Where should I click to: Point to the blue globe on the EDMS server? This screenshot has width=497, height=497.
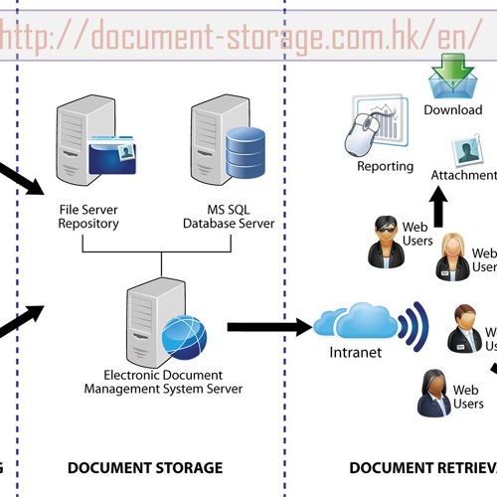[x=184, y=336]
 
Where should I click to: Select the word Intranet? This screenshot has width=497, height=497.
[x=354, y=353]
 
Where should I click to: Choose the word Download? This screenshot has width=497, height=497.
[x=452, y=109]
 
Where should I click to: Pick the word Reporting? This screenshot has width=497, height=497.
[x=385, y=166]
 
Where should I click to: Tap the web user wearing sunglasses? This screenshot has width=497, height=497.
[x=384, y=242]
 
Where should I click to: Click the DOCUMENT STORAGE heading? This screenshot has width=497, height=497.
[x=145, y=467]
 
